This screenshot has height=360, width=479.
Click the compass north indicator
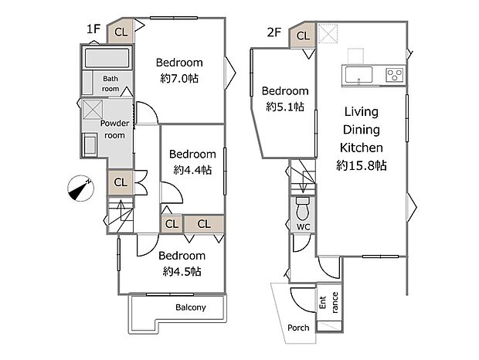coord(80,188)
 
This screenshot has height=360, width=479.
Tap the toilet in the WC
coord(303,209)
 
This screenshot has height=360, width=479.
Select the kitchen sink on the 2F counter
coord(358,75)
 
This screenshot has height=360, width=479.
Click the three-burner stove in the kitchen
coord(395,75)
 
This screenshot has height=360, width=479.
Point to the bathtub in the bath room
coord(107,58)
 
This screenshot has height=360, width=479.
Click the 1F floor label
coord(93,29)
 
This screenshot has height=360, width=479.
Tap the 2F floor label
coord(274,32)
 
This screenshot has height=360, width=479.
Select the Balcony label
coord(191,307)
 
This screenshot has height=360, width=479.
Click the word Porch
coord(298,328)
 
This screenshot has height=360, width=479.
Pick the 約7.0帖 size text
coord(179,79)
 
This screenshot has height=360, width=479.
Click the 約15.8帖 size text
coord(362,165)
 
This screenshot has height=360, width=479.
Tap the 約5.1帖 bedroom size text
coord(285,107)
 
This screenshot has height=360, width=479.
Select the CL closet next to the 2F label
coord(303,36)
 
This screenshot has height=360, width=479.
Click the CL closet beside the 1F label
coord(121,32)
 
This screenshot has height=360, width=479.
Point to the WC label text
coord(303,227)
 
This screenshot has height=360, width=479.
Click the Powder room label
coord(114,129)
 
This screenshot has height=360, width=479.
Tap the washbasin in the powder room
coord(90,144)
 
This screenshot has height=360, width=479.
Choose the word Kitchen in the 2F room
coord(362,148)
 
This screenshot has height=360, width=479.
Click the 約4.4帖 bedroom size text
coord(192,170)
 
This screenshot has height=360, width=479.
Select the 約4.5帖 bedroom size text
coord(182,271)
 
